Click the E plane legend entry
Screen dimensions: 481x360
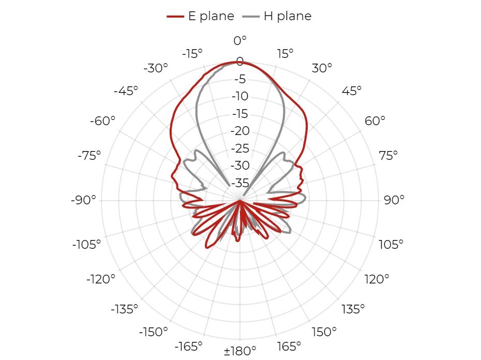[201, 16]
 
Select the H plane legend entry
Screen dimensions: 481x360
[277, 16]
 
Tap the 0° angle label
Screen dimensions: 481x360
[240, 40]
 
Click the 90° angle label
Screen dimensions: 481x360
[394, 200]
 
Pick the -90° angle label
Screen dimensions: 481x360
[83, 200]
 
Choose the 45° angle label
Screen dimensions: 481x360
[352, 91]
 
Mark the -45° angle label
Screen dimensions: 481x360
[126, 91]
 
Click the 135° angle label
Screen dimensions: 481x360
[353, 309]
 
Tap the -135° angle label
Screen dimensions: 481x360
[124, 309]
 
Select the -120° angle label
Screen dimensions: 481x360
[101, 279]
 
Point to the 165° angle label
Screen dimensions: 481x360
[289, 347]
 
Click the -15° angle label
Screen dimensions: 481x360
[192, 54]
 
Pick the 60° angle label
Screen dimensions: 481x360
[375, 121]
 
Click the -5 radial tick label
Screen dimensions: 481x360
[240, 79]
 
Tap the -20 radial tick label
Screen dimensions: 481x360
[240, 131]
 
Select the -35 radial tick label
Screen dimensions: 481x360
[240, 183]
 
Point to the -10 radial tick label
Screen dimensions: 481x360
[240, 96]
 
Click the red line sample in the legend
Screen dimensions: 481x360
[175, 17]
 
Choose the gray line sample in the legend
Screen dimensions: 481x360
[251, 17]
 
